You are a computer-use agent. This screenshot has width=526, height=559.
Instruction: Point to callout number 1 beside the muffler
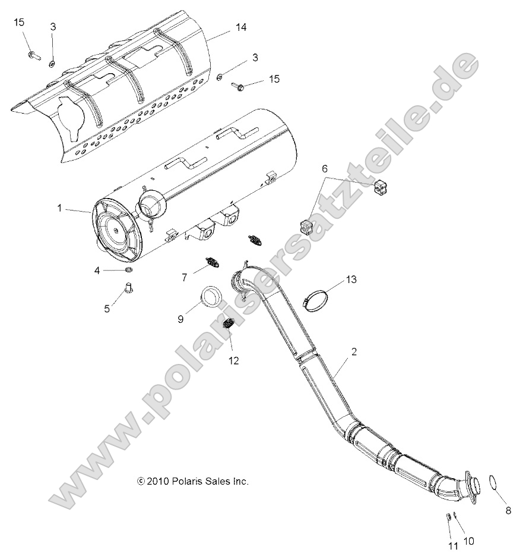click(59, 208)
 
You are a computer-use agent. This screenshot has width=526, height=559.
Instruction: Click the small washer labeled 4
click(128, 271)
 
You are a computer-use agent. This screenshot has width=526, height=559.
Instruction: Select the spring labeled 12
click(229, 325)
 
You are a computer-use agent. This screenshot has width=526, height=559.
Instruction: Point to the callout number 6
click(324, 169)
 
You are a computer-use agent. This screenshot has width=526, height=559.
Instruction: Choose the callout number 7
click(184, 277)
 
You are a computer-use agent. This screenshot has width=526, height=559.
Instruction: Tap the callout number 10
click(468, 541)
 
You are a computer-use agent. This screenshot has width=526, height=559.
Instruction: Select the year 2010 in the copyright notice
click(156, 481)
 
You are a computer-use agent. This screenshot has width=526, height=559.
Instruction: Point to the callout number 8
click(508, 510)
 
